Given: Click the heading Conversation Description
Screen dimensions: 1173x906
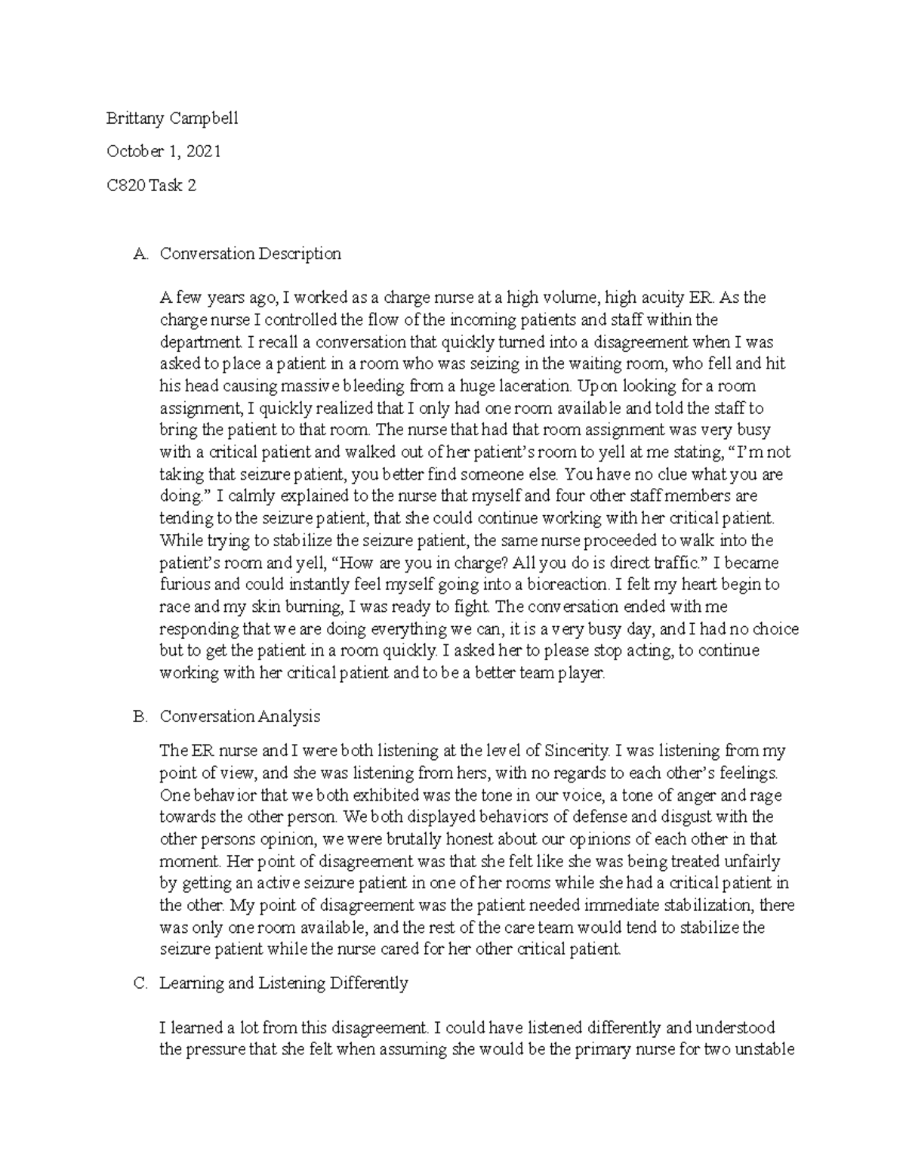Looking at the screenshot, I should (250, 254).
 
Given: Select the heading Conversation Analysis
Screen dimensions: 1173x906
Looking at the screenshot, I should (239, 717).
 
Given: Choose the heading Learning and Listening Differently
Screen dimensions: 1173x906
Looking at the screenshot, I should (283, 983).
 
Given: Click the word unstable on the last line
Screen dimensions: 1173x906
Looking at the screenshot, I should (767, 1050).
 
